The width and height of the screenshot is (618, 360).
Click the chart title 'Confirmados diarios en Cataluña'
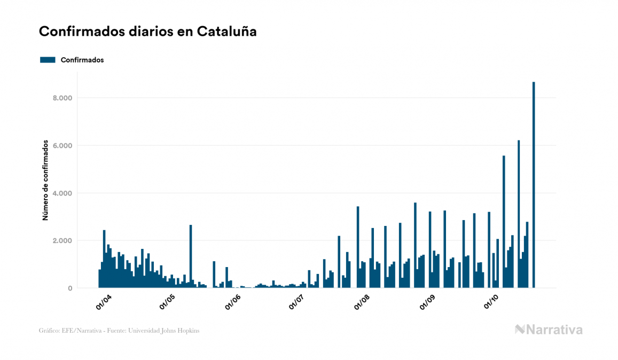pyautogui.click(x=147, y=32)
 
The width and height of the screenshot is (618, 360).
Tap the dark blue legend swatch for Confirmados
pyautogui.click(x=48, y=60)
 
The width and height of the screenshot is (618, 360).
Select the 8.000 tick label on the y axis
pyautogui.click(x=61, y=98)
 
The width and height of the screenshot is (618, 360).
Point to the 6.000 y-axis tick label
pyautogui.click(x=61, y=146)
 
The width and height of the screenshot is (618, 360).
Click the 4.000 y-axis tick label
pyautogui.click(x=61, y=193)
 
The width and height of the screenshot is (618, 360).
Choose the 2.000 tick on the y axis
pyautogui.click(x=61, y=241)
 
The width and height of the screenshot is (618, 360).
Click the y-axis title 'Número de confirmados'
pyautogui.click(x=46, y=181)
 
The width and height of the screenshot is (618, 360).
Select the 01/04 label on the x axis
pyautogui.click(x=104, y=302)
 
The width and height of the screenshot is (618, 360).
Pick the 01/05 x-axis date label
pyautogui.click(x=168, y=302)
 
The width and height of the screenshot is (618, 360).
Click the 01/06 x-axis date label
pyautogui.click(x=232, y=302)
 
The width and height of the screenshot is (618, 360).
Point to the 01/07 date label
pyautogui.click(x=296, y=302)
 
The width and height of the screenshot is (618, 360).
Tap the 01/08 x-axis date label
pyautogui.click(x=362, y=302)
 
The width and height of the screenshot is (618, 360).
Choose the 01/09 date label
pyautogui.click(x=427, y=302)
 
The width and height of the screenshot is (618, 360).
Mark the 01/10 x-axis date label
pyautogui.click(x=490, y=302)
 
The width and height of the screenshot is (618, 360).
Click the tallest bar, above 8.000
pyautogui.click(x=534, y=185)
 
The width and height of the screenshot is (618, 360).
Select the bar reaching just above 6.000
pyautogui.click(x=519, y=214)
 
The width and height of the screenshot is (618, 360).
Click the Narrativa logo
pyautogui.click(x=549, y=330)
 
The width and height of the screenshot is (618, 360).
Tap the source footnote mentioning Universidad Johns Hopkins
pyautogui.click(x=119, y=331)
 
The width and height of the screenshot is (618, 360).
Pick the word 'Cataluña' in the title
pyautogui.click(x=227, y=32)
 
